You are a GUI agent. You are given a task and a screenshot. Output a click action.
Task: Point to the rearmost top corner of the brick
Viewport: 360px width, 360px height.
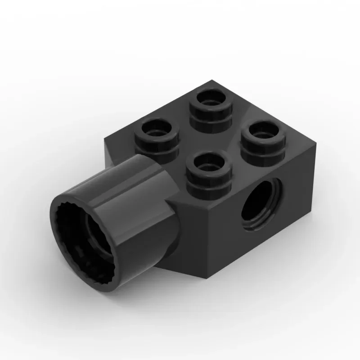pyautogui.click(x=211, y=81)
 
